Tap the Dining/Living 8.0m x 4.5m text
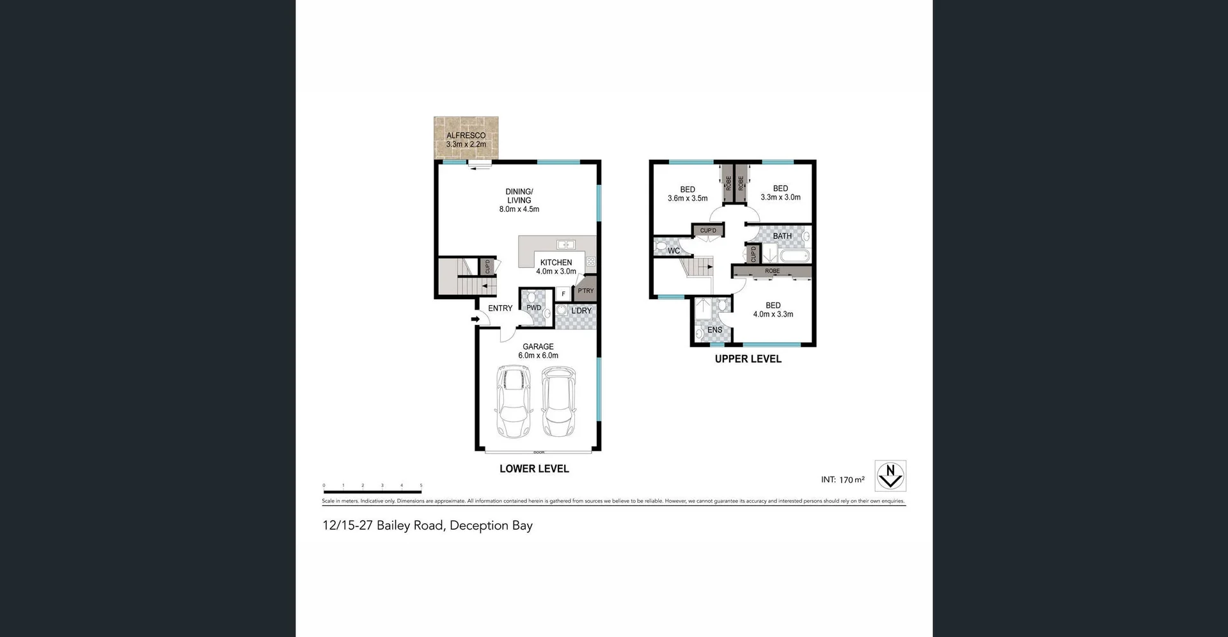[x=519, y=200]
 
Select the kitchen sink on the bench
[x=565, y=244]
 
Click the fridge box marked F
[x=563, y=294]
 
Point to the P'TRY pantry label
[x=585, y=290]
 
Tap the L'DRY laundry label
[x=581, y=311]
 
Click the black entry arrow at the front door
[x=475, y=319]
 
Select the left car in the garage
[x=514, y=402]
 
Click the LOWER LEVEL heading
[x=534, y=469]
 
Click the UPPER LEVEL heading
[x=748, y=359]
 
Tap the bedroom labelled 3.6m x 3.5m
[x=688, y=194]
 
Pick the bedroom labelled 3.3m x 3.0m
[x=780, y=193]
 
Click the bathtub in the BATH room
[x=795, y=257]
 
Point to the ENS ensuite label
[x=714, y=330]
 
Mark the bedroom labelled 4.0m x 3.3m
[x=773, y=310]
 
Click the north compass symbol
[x=890, y=476]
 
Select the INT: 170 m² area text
[x=842, y=480]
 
